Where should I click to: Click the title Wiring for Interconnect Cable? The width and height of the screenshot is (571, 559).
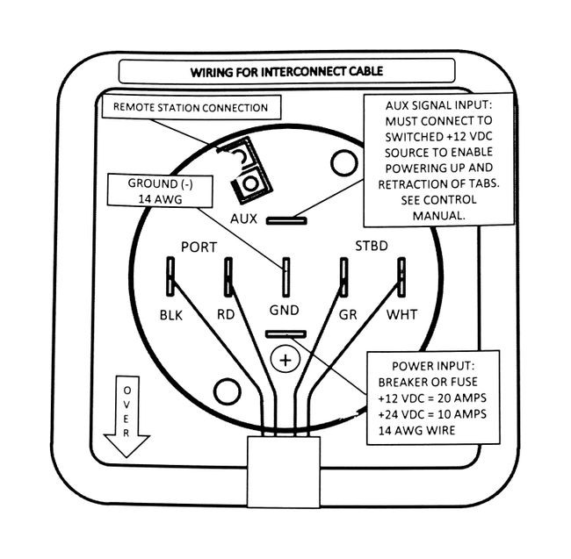tap(286, 71)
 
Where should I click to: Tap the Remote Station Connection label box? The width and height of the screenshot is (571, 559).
tap(192, 107)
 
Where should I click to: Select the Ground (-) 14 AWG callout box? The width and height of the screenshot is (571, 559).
tap(160, 191)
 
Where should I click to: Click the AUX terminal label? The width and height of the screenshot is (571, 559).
tap(243, 219)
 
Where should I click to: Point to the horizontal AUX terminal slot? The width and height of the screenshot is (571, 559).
tap(286, 220)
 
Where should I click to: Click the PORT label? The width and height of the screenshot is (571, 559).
tap(199, 247)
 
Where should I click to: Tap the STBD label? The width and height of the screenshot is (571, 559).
tap(372, 246)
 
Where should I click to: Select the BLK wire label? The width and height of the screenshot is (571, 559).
tap(171, 315)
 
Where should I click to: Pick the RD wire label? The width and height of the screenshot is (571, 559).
tap(226, 314)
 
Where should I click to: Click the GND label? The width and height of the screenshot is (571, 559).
tap(285, 310)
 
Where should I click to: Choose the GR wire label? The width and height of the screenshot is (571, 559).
tap(348, 314)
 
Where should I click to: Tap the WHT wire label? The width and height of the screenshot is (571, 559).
tap(401, 314)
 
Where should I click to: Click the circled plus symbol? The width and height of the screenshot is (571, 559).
tap(285, 360)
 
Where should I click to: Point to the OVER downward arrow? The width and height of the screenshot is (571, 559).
tap(126, 417)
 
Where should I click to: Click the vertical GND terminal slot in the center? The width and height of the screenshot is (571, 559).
tap(286, 277)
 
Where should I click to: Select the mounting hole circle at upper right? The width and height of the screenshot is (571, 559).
tap(344, 163)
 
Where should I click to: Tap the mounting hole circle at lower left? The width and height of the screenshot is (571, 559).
tap(227, 391)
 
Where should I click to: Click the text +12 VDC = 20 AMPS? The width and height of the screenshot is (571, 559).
tap(432, 398)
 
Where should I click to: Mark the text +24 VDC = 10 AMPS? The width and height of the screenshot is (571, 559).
tap(432, 414)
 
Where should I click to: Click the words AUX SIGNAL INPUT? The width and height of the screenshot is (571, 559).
tap(439, 105)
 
